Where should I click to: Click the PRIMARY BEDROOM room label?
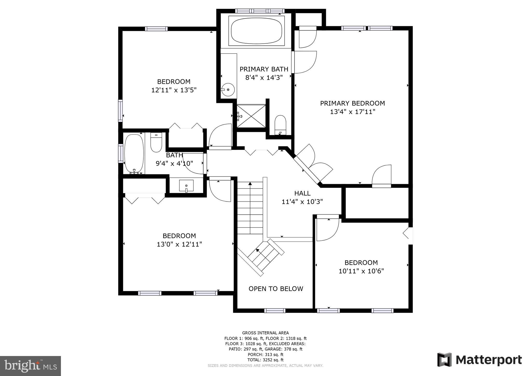352,103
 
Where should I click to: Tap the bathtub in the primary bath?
256,31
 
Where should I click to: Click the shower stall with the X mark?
251,116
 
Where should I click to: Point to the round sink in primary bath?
228,90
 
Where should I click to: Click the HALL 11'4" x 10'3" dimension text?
302,202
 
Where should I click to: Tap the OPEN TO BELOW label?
276,289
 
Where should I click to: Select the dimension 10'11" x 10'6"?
361,271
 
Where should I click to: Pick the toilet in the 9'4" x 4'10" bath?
156,142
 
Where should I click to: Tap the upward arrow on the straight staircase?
250,184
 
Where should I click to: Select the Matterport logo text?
488,360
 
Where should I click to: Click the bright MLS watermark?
30,366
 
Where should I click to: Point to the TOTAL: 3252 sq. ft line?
265,360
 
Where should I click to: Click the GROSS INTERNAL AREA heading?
265,333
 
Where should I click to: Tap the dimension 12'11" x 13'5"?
174,90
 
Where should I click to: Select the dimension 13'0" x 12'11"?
179,244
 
